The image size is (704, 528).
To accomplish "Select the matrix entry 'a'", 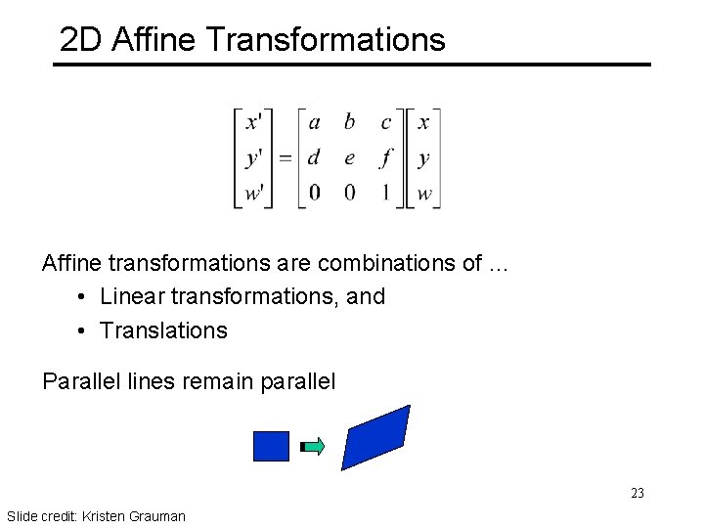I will pyautogui.click(x=314, y=122).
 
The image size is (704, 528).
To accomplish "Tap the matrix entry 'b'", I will pyautogui.click(x=349, y=122).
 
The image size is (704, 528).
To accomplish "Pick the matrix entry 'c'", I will pyautogui.click(x=385, y=123).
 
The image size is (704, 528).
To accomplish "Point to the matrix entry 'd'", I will pyautogui.click(x=313, y=157).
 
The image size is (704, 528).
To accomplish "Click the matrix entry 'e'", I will pyautogui.click(x=349, y=158).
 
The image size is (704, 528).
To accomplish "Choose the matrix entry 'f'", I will pyautogui.click(x=386, y=157).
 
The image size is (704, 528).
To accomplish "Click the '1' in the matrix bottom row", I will pyautogui.click(x=386, y=193).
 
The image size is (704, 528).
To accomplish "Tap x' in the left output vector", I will pyautogui.click(x=253, y=122).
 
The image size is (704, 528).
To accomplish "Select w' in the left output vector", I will pyautogui.click(x=253, y=193).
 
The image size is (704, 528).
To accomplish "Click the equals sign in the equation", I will pyautogui.click(x=285, y=157).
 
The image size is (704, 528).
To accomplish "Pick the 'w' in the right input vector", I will pyautogui.click(x=423, y=194).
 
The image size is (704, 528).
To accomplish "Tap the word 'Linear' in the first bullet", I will pyautogui.click(x=132, y=296).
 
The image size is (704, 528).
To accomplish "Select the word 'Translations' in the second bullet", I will pyautogui.click(x=163, y=330).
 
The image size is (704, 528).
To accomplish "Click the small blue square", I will pyautogui.click(x=271, y=446).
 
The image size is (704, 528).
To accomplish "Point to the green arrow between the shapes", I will pyautogui.click(x=313, y=447).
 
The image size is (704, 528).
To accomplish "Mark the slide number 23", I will pyautogui.click(x=637, y=493).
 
